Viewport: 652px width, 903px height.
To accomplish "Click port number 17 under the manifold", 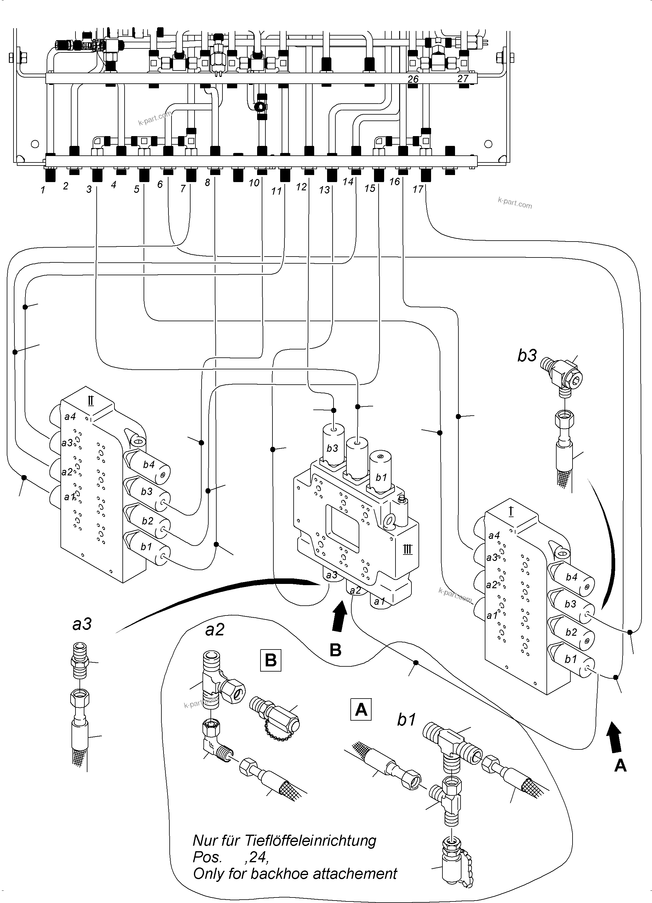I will pos(417,189).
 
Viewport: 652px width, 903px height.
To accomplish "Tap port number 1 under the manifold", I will pos(43,190).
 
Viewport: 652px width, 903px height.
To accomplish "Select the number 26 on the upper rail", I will pos(413,79).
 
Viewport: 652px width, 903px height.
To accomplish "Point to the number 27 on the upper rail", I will pos(463,78).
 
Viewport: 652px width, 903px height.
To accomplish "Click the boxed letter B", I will pos(271,660).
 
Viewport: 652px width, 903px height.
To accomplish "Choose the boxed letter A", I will pos(361,709).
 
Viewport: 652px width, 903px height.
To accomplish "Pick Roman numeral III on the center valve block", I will pos(407,550).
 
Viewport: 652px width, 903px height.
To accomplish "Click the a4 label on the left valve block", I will pos(70,417).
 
